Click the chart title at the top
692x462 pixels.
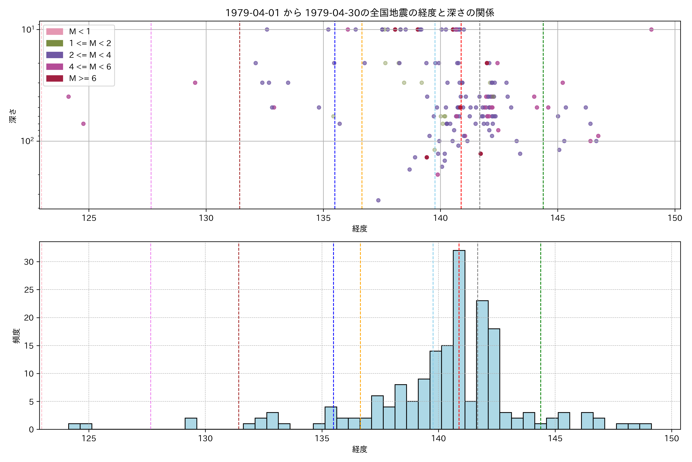(x=359, y=13)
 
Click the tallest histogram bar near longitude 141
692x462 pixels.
(x=459, y=339)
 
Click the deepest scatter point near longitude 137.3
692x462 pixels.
(x=378, y=200)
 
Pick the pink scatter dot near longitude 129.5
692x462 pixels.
(x=195, y=83)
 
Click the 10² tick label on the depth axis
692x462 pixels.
(x=27, y=141)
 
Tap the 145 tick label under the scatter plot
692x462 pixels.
(x=558, y=218)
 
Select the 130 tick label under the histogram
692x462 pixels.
(x=205, y=439)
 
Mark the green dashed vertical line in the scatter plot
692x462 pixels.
(x=543, y=118)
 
